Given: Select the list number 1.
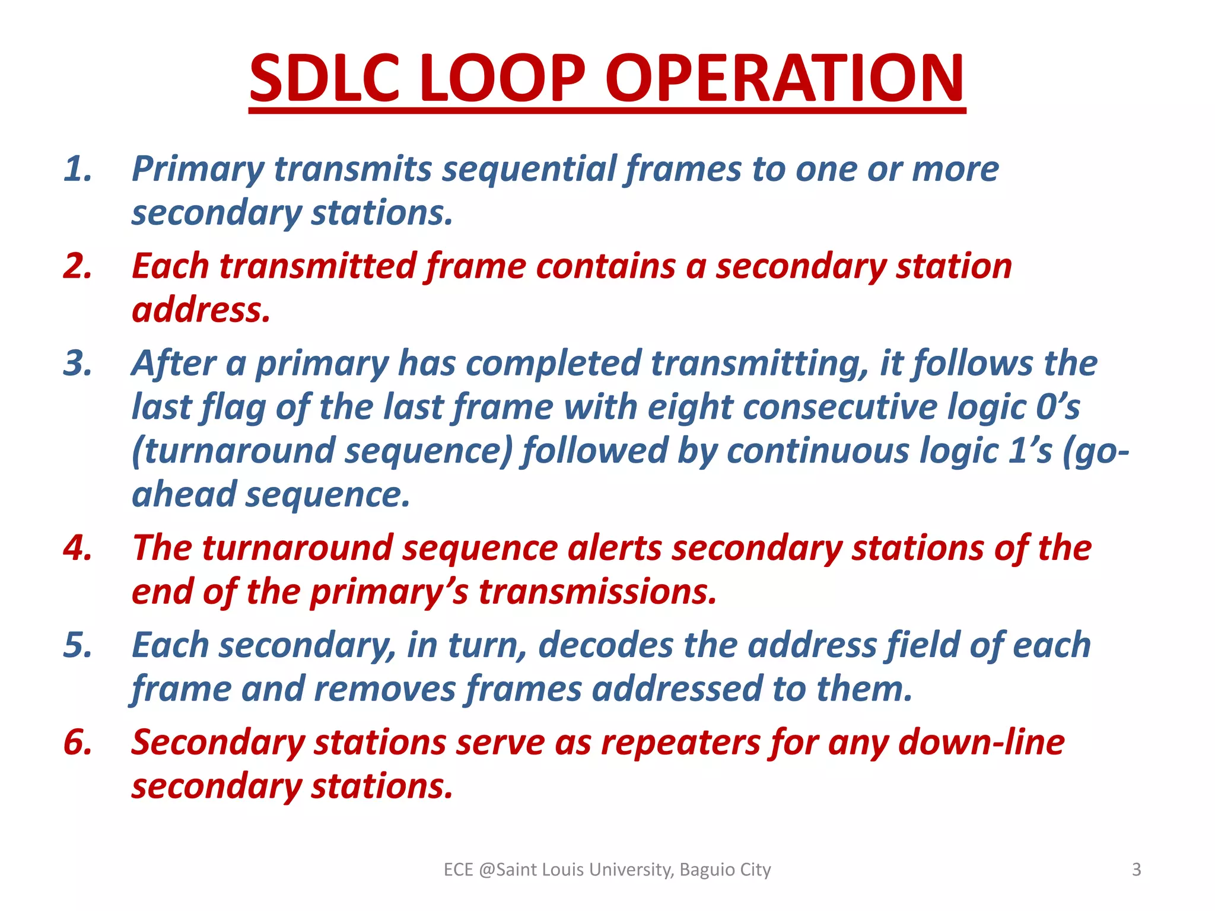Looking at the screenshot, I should (78, 169).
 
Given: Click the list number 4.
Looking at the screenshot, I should (78, 547).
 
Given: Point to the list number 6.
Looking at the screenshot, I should (78, 742).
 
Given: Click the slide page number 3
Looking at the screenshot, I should (1136, 869).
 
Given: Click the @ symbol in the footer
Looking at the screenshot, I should (486, 869).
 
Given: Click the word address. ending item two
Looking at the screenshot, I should (201, 310).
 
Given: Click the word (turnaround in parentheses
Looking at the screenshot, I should (233, 451).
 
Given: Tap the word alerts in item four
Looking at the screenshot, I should (614, 548).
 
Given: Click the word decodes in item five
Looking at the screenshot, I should (605, 645).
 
